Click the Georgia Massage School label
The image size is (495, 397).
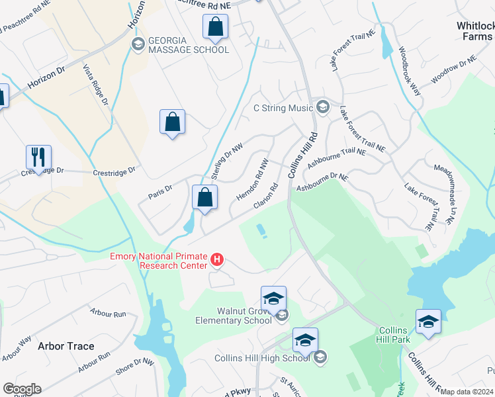pos(189,45)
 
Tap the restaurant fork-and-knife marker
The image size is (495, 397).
pos(38,157)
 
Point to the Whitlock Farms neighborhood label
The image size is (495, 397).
pos(475,31)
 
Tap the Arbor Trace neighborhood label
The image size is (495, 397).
pos(66,346)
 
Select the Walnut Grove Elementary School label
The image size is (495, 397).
pos(234,316)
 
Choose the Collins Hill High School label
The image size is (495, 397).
pos(262,358)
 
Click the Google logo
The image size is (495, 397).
pos(22,389)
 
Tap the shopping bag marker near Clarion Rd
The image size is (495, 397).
pos(204,197)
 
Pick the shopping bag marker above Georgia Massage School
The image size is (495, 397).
pos(215,27)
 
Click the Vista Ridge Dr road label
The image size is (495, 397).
pos(95,85)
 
